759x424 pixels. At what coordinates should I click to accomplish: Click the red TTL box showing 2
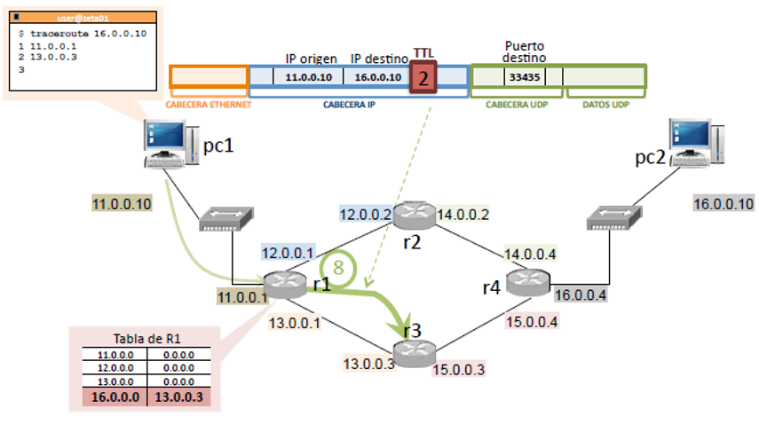tap(423, 77)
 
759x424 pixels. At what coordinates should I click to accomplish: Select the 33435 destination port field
tap(520, 77)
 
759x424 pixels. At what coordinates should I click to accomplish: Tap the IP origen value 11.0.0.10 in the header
tap(308, 77)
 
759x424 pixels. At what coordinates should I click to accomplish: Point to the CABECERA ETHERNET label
tap(210, 104)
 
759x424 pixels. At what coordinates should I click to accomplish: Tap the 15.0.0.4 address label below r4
tap(531, 321)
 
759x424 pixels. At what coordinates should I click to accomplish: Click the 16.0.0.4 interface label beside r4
tap(580, 295)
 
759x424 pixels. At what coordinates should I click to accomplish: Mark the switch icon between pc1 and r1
tap(225, 218)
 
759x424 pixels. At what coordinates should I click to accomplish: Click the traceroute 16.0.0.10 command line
tap(81, 32)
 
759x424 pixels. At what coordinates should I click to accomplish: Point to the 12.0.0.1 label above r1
tap(286, 253)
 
